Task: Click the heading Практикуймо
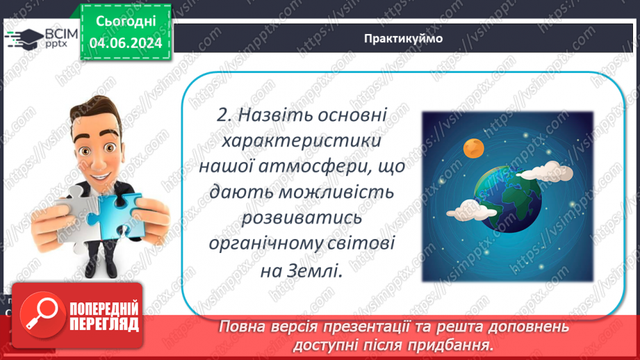click(402, 38)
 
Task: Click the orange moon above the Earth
click(473, 147)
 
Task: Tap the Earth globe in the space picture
click(507, 193)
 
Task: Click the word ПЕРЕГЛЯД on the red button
click(103, 323)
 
